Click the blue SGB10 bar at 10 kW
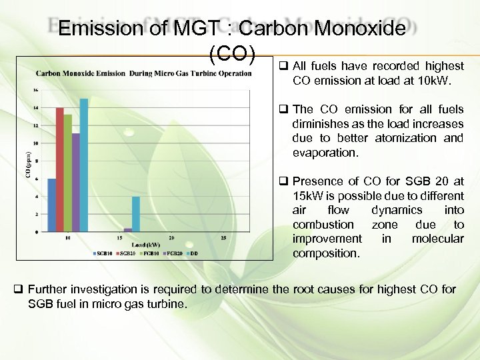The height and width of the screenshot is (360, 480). click(x=51, y=205)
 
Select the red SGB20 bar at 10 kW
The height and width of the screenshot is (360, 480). click(x=59, y=169)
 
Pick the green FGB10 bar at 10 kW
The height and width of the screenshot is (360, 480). click(x=67, y=173)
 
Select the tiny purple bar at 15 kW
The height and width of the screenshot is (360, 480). click(x=128, y=230)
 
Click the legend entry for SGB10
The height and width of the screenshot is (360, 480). click(x=103, y=253)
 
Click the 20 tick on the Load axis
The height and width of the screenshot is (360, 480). click(x=171, y=238)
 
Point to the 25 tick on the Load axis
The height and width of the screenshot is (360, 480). click(x=223, y=238)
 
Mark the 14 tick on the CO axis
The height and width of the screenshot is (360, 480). click(x=36, y=107)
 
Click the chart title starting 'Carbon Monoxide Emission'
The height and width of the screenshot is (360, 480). click(x=143, y=73)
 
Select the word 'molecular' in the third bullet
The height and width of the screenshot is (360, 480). click(x=437, y=239)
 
